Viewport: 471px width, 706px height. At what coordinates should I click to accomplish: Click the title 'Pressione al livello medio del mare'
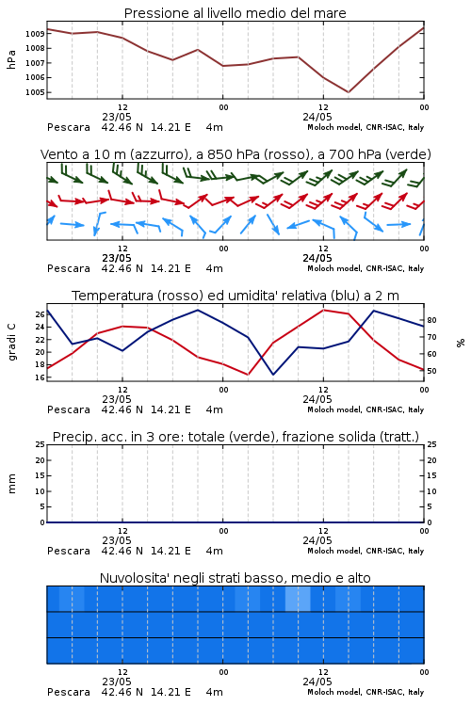point(235,13)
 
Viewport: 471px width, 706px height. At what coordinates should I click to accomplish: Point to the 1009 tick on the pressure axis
point(35,34)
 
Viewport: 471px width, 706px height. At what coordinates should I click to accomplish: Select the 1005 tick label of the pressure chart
point(35,93)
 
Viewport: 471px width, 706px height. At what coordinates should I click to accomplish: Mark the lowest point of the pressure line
point(348,92)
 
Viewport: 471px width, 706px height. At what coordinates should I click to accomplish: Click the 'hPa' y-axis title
point(11,59)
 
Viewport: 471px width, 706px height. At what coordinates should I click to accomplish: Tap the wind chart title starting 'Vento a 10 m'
point(235,154)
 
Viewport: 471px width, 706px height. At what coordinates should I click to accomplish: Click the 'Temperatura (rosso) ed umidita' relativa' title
point(235,296)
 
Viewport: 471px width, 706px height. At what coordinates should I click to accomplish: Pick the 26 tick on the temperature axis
point(41,314)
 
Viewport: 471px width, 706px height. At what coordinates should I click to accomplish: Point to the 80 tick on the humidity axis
point(431,320)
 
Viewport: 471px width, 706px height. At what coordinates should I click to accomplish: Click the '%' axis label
point(461,343)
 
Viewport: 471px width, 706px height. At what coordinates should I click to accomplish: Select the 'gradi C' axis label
point(11,343)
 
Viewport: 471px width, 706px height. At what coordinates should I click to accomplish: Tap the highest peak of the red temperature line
point(323,310)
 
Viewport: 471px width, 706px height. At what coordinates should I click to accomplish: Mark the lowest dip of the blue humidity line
point(273,375)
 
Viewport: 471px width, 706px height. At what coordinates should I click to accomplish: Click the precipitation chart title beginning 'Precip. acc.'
point(235,437)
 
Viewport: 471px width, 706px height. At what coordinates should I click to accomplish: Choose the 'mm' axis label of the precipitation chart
point(11,484)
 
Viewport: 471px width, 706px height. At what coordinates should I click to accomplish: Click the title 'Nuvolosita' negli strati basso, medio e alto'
point(235,578)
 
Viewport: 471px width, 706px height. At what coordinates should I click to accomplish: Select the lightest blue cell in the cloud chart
point(298,599)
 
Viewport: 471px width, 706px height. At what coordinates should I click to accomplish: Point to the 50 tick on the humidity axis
point(431,371)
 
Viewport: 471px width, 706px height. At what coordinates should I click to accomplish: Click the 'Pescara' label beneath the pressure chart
point(69,127)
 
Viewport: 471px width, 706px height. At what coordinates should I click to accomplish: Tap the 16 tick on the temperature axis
point(41,377)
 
